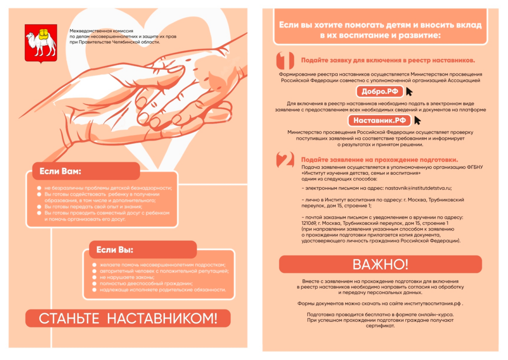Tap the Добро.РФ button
coord(380,91)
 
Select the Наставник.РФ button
coord(380,121)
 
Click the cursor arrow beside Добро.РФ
coord(409,92)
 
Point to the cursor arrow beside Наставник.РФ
coord(417,121)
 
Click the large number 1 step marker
coord(285,60)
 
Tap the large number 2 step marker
coord(285,160)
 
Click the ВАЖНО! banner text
coord(381,264)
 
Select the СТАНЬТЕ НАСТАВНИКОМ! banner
coord(128,318)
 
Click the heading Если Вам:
coord(60,171)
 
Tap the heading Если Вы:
coord(115,250)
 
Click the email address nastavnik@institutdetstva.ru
coord(418,188)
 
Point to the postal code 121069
coord(309,223)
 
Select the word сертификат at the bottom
coord(380,326)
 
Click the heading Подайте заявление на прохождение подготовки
coord(380,159)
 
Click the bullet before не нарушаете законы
coord(94,277)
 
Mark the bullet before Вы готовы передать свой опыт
coord(39,207)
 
